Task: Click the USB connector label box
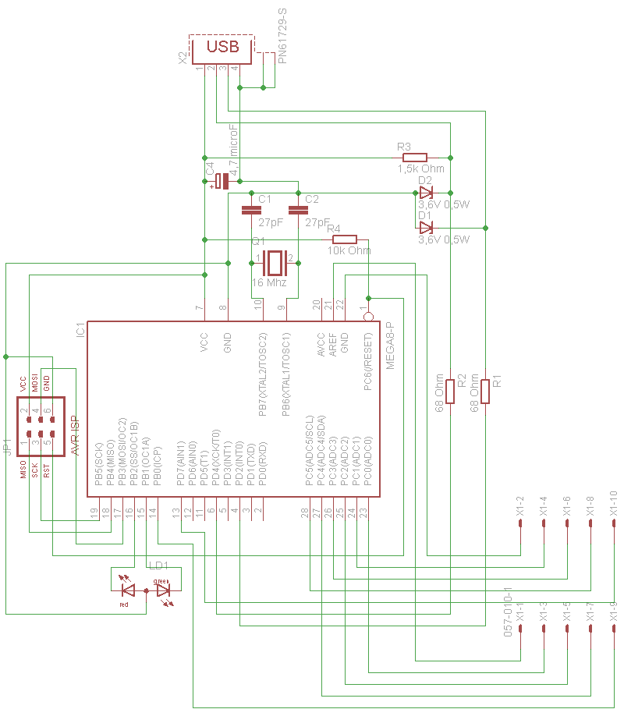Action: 222,48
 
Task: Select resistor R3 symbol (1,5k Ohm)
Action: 414,157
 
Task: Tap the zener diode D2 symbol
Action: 425,193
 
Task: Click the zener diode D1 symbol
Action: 425,228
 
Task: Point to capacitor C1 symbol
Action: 250,210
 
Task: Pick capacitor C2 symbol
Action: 297,210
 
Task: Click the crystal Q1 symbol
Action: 274,259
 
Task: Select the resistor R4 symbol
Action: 344,239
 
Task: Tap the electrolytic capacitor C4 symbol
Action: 222,181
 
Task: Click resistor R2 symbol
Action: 450,391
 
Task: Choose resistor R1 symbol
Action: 485,391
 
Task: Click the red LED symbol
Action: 128,590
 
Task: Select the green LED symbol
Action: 163,590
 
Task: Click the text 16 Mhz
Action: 269,282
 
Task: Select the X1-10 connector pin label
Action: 614,505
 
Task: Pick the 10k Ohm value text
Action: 349,251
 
